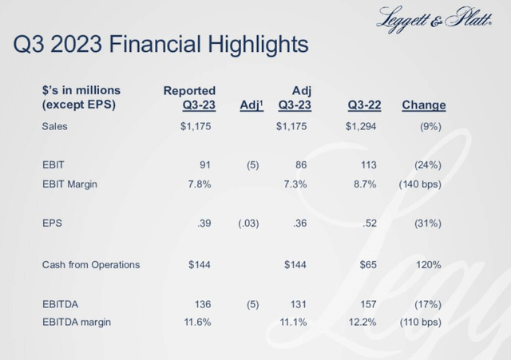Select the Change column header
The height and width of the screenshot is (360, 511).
pos(423,105)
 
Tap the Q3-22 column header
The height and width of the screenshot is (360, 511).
pos(364,105)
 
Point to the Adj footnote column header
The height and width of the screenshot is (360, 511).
pos(251,105)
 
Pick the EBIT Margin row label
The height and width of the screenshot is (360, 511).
pos(69,184)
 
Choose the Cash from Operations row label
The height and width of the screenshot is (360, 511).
pos(90,264)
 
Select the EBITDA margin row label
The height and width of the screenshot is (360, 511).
pos(76,322)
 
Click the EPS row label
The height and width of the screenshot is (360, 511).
pos(53,224)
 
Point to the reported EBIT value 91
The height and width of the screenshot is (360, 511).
pos(204,166)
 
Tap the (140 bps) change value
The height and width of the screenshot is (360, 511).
pos(420,184)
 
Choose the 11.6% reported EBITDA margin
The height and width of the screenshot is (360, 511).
pos(196,322)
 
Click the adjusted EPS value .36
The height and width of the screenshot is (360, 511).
pos(300,224)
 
